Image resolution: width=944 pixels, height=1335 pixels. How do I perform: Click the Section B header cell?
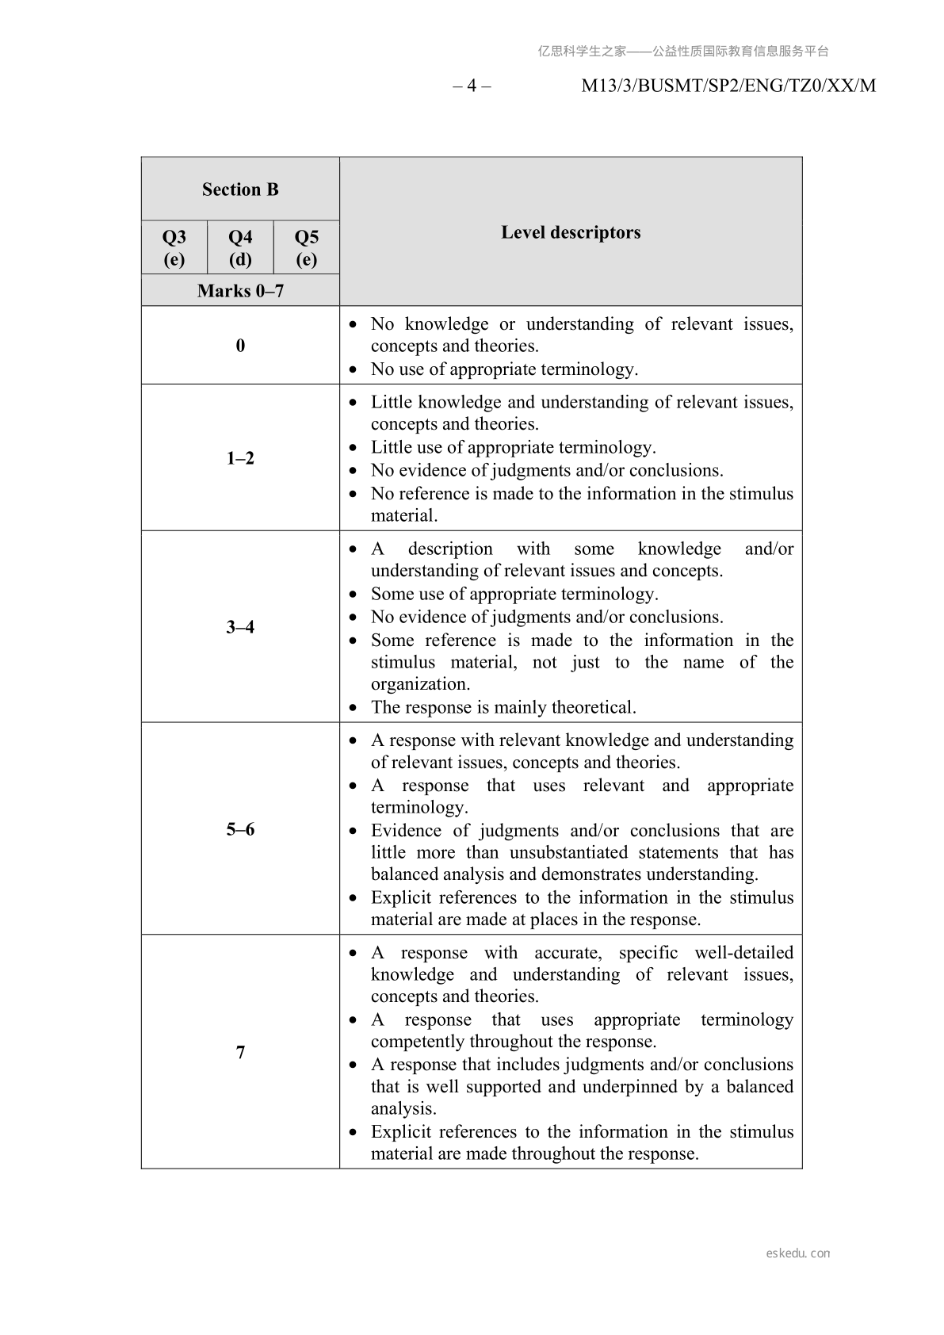click(240, 189)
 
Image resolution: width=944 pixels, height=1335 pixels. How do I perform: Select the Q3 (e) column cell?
click(174, 247)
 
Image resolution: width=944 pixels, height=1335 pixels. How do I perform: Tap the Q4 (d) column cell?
click(240, 247)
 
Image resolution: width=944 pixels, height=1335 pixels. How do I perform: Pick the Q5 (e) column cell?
click(306, 247)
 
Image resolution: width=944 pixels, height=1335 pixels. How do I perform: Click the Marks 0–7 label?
click(240, 291)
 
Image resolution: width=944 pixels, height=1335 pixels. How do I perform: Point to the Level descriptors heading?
click(571, 232)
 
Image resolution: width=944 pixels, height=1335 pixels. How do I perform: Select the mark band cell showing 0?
click(240, 346)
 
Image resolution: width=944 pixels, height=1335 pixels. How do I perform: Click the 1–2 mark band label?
click(240, 458)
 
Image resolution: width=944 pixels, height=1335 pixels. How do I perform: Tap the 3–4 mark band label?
click(240, 627)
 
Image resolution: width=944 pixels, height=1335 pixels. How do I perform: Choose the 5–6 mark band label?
click(240, 829)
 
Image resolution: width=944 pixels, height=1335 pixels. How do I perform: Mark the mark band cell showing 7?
click(240, 1052)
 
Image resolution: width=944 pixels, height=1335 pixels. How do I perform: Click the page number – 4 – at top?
click(472, 86)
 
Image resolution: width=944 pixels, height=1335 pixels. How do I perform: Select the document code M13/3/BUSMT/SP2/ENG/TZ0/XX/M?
click(728, 86)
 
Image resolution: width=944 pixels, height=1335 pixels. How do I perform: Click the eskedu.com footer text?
click(798, 1253)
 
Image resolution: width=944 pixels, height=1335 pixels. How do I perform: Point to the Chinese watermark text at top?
click(683, 52)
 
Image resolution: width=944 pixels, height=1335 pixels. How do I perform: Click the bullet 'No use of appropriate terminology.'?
click(504, 369)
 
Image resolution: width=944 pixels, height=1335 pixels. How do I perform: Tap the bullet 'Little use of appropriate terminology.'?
click(513, 447)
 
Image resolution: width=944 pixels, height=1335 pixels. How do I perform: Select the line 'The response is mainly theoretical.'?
click(503, 707)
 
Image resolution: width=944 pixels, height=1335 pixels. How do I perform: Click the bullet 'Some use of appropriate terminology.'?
click(514, 594)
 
